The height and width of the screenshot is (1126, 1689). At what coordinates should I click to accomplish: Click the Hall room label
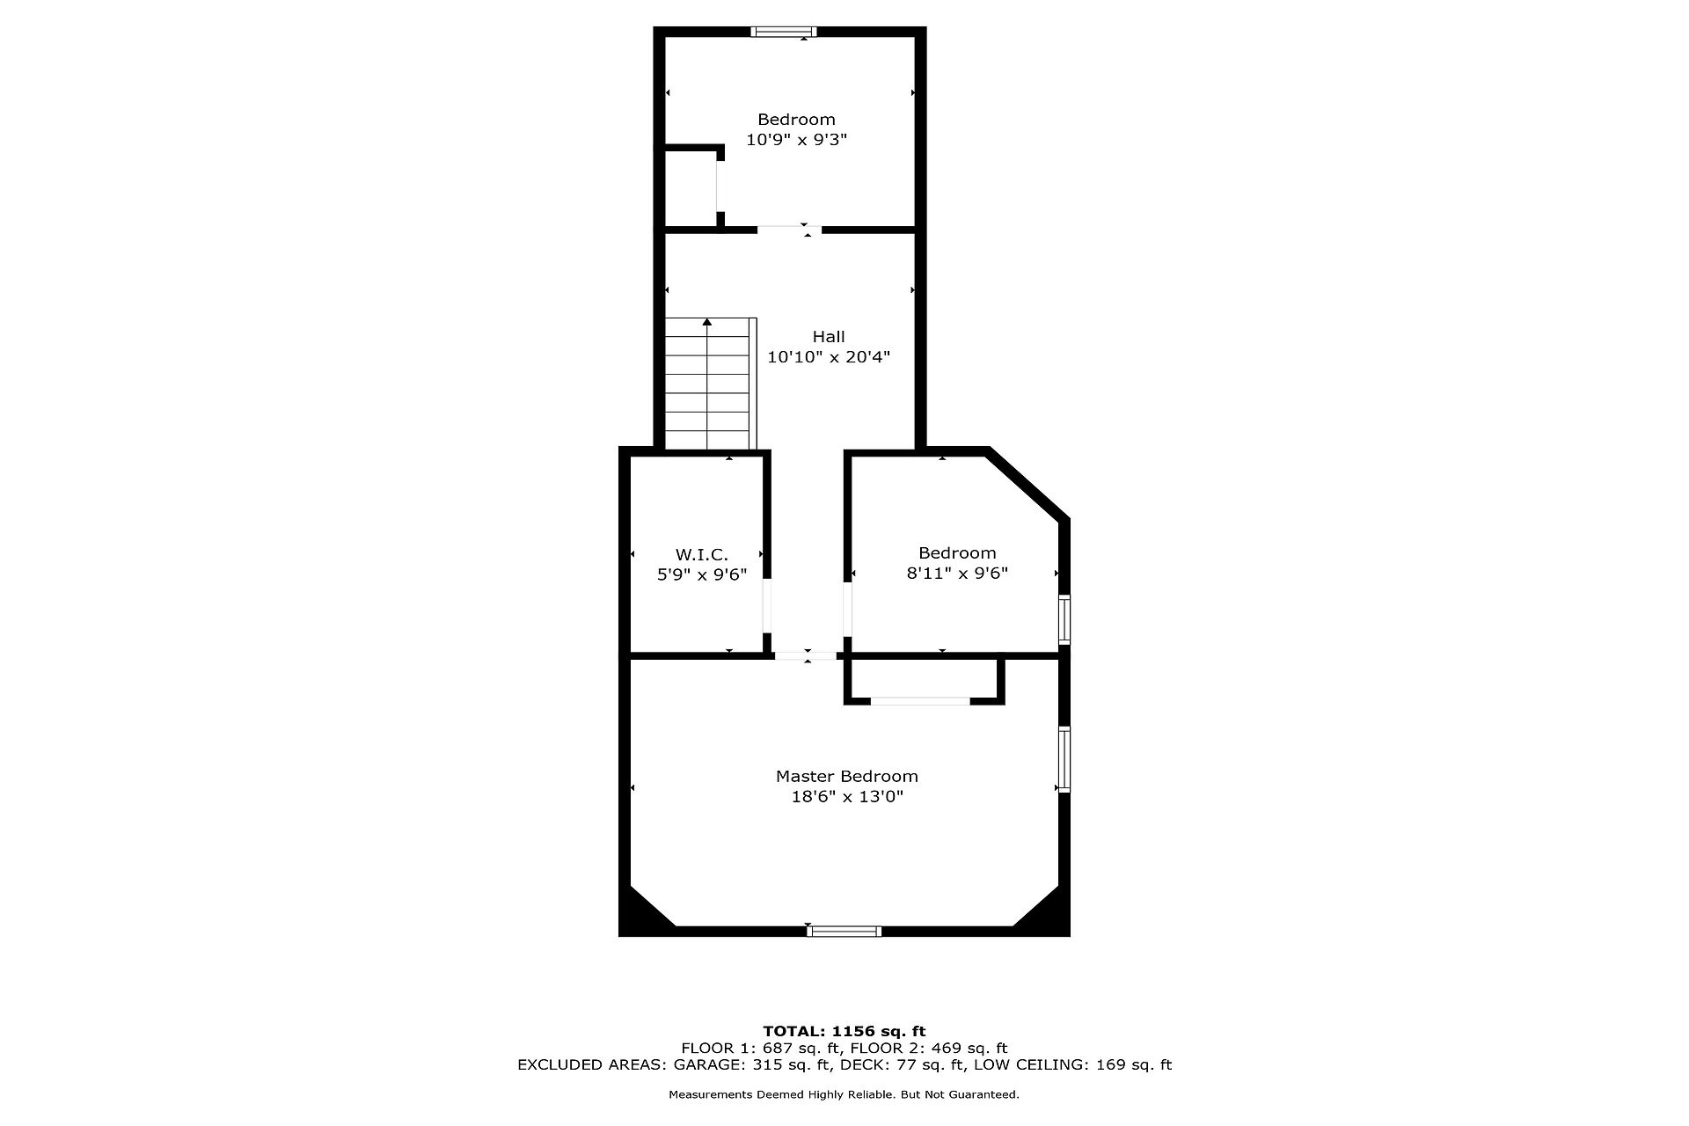pos(829,336)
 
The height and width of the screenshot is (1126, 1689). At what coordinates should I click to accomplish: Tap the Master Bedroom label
pos(846,776)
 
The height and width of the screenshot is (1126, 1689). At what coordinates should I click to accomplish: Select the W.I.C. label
pos(702,554)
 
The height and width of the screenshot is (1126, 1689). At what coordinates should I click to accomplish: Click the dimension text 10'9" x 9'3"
pos(796,139)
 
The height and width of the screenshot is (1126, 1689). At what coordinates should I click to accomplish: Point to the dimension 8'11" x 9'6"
pos(957,573)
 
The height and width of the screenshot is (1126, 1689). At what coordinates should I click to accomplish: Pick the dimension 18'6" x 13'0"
pos(846,796)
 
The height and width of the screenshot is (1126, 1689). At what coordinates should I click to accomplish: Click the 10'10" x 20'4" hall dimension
pos(829,356)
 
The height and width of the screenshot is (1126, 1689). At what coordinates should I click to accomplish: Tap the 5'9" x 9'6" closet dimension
pos(702,574)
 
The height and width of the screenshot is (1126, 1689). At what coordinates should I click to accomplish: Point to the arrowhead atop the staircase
pos(707,322)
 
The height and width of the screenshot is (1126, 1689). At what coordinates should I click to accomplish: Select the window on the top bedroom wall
pos(784,32)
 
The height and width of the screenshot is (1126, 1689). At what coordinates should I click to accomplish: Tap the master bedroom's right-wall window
pos(1064,760)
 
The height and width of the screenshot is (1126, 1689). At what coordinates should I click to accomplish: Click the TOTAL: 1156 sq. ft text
pos(844,1031)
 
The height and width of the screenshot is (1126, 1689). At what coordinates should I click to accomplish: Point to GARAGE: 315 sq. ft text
pos(752,1064)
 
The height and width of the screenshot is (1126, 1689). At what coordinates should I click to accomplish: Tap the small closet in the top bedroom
pos(691,188)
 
